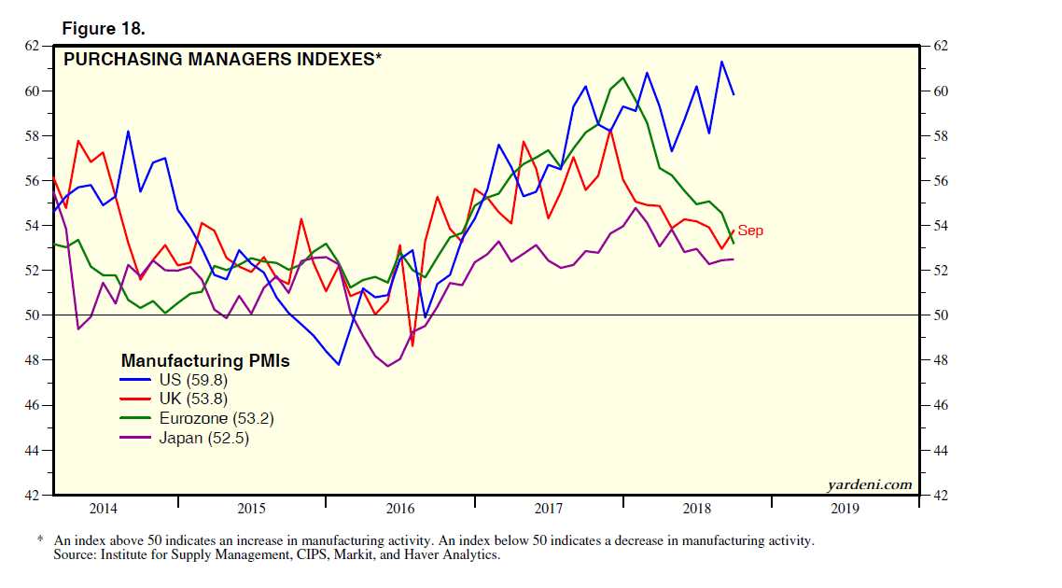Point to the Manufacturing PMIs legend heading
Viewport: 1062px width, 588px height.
(x=205, y=360)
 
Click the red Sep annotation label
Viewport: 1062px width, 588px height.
(x=750, y=231)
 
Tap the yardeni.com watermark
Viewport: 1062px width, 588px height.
(x=869, y=483)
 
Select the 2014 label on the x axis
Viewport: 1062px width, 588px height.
(x=103, y=509)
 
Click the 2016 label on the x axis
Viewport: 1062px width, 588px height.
(x=399, y=509)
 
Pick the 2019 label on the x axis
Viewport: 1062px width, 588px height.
(x=845, y=509)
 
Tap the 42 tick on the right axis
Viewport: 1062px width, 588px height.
(x=939, y=496)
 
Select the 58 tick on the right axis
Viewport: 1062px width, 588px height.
(x=939, y=136)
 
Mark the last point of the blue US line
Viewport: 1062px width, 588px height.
(x=734, y=94)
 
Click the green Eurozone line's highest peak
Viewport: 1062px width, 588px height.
(x=622, y=77)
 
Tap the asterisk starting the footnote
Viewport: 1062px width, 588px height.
(x=41, y=540)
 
